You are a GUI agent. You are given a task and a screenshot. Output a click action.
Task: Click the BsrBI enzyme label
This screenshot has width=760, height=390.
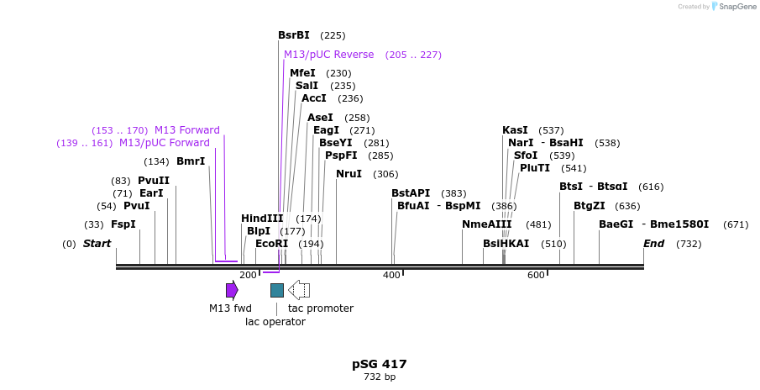293,35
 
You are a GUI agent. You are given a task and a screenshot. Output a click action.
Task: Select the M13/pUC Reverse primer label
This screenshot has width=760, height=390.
328,55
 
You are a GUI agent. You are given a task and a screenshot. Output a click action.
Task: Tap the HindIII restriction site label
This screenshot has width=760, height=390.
262,219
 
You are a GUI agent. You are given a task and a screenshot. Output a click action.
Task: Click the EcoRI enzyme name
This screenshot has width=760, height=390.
271,244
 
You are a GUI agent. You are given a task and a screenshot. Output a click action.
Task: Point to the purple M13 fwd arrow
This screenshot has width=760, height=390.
232,290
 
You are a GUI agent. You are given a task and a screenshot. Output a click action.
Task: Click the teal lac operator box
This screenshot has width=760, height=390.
277,290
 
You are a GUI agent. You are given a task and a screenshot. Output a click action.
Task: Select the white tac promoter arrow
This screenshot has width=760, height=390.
299,290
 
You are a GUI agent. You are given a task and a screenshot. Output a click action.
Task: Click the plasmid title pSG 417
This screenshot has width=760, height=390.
380,364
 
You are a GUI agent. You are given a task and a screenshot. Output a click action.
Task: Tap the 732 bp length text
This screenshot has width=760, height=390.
380,377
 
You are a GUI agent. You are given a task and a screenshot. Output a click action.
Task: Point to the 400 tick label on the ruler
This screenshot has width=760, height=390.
391,276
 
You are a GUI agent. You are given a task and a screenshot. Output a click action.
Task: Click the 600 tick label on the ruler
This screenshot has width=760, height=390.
536,276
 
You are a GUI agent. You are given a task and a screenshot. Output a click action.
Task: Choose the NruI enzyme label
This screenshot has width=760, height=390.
349,174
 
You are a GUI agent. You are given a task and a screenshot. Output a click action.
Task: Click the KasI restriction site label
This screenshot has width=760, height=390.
515,130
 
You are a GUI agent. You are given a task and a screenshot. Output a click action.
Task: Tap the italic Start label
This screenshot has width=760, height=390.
97,244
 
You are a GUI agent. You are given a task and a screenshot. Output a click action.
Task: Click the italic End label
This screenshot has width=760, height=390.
653,244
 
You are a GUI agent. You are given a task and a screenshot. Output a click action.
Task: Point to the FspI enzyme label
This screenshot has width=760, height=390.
123,224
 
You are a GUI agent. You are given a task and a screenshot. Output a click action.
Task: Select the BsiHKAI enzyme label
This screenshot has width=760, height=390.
506,244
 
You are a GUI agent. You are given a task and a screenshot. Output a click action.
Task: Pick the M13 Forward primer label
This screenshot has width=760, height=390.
186,130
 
